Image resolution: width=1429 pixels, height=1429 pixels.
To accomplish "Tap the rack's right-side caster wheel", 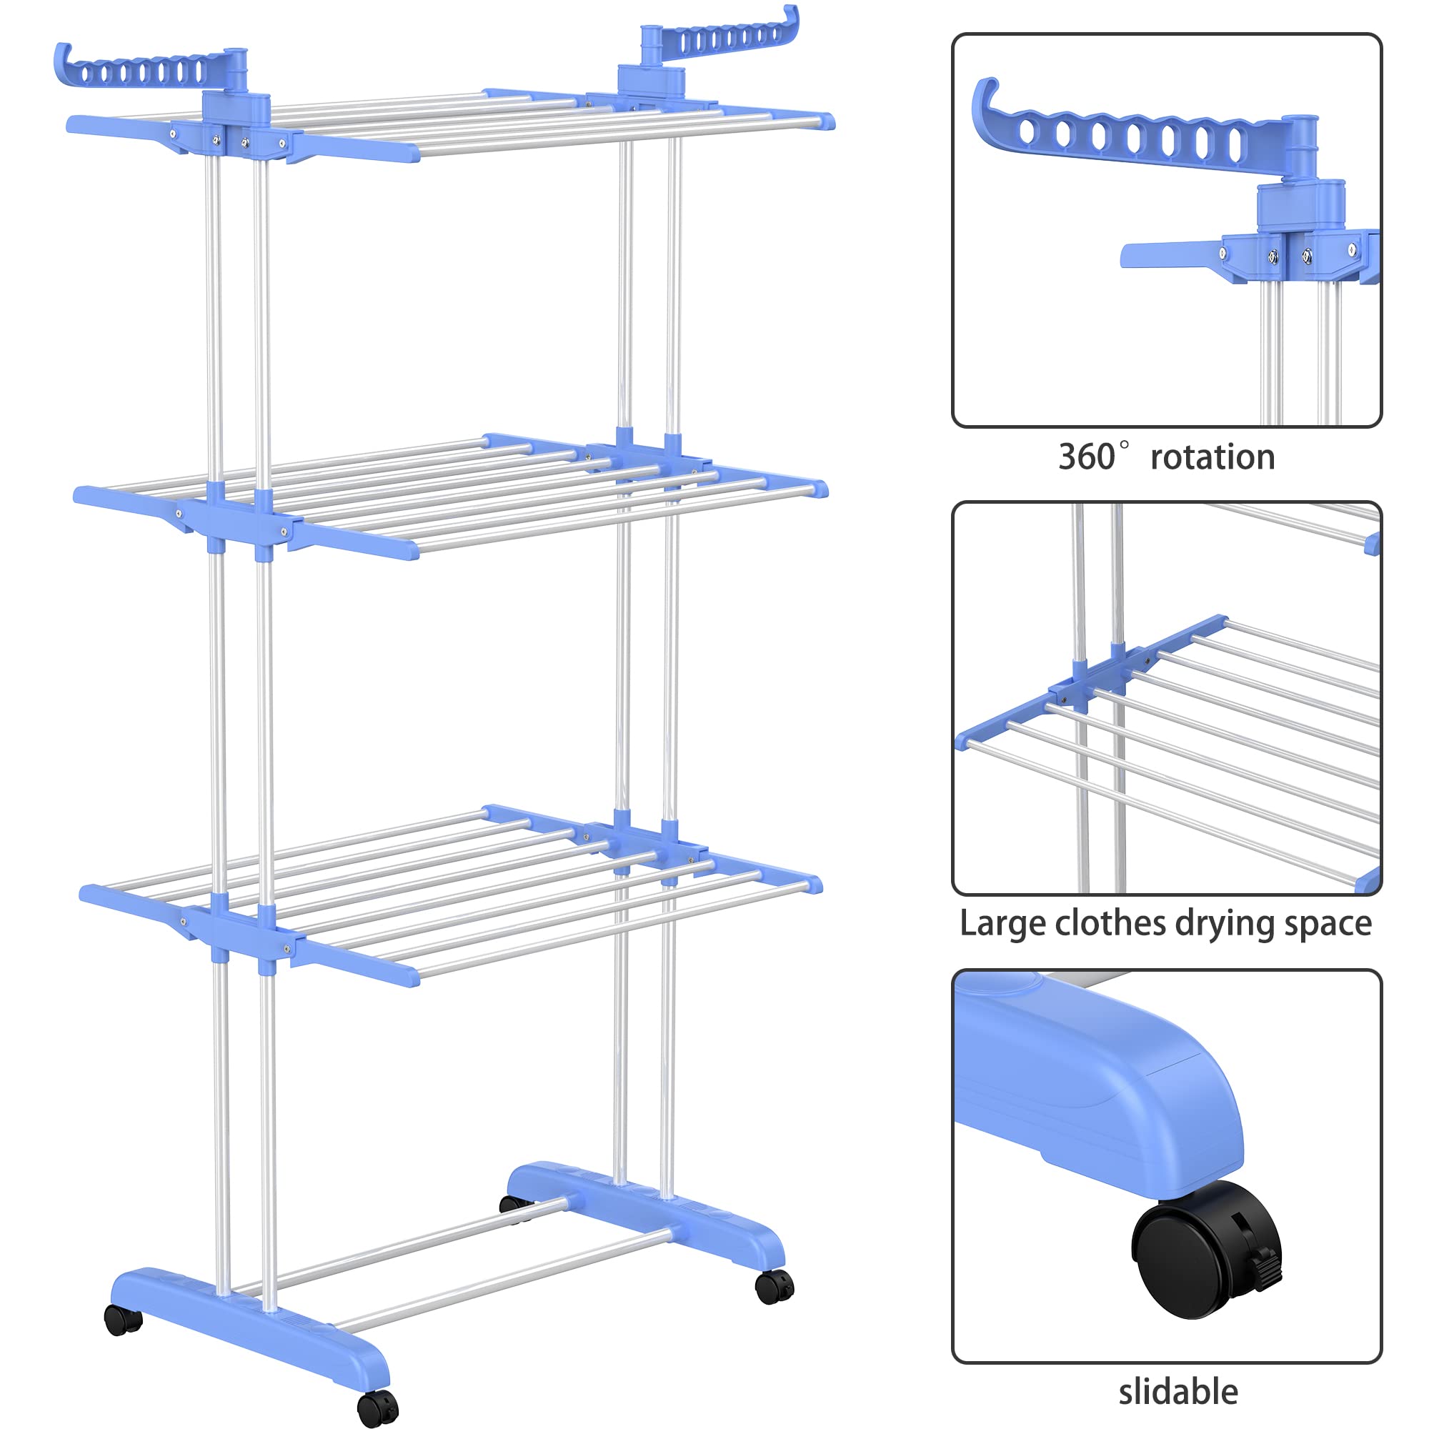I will (x=774, y=1286).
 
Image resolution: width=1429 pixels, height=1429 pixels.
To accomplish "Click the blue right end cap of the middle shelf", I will (x=818, y=489).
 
